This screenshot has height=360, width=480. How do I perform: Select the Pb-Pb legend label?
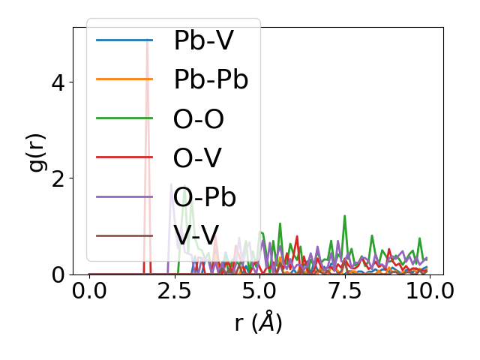pyautogui.click(x=211, y=79)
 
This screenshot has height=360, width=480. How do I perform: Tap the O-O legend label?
pyautogui.click(x=199, y=119)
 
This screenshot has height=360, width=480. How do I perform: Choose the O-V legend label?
pyautogui.click(x=197, y=158)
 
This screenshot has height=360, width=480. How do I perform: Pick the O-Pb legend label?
pyautogui.click(x=205, y=197)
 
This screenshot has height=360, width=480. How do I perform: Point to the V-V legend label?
pyautogui.click(x=197, y=236)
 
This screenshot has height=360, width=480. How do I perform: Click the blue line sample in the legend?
pyautogui.click(x=124, y=40)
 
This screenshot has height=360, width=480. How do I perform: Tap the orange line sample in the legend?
pyautogui.click(x=124, y=79)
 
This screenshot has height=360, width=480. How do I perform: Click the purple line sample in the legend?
pyautogui.click(x=124, y=197)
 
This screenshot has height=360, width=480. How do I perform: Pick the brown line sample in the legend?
pyautogui.click(x=124, y=236)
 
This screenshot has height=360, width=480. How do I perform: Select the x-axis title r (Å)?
pyautogui.click(x=258, y=323)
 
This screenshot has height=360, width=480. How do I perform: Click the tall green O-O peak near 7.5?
pyautogui.click(x=345, y=217)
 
